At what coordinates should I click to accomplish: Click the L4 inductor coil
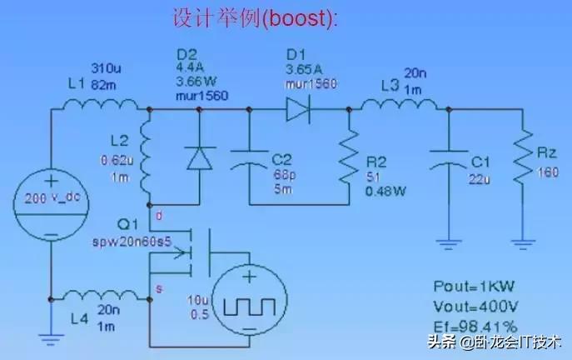coord(98,296)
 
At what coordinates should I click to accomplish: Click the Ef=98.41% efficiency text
coord(475,325)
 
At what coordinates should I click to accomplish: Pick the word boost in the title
coord(304,17)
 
